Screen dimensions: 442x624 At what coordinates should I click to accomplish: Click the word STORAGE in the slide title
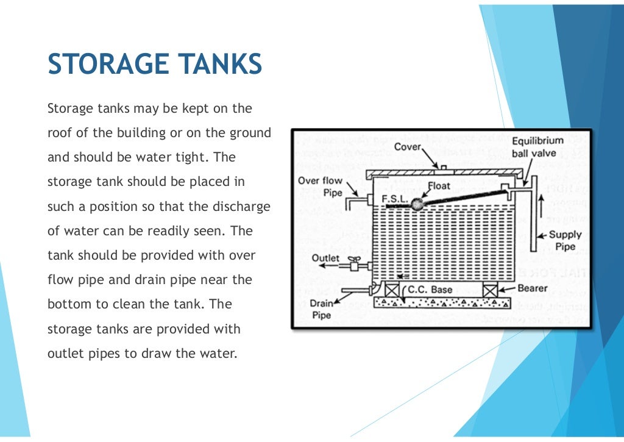(107, 64)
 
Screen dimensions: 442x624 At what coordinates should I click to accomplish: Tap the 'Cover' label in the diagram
(406, 147)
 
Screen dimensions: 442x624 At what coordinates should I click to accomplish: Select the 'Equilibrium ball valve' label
(538, 147)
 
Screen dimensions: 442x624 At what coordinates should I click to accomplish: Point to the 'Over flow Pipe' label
(320, 186)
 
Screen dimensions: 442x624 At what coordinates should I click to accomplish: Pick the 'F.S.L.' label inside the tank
(394, 199)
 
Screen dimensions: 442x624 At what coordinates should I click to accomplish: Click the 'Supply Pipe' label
(565, 240)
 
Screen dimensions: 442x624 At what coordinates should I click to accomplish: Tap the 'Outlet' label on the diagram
(325, 258)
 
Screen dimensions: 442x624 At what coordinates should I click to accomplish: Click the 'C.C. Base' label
(430, 290)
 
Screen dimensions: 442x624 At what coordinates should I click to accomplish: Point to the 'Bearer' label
(533, 288)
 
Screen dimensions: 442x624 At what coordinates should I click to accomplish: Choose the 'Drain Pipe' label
(321, 308)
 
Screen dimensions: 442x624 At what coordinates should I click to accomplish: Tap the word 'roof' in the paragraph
(59, 133)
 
